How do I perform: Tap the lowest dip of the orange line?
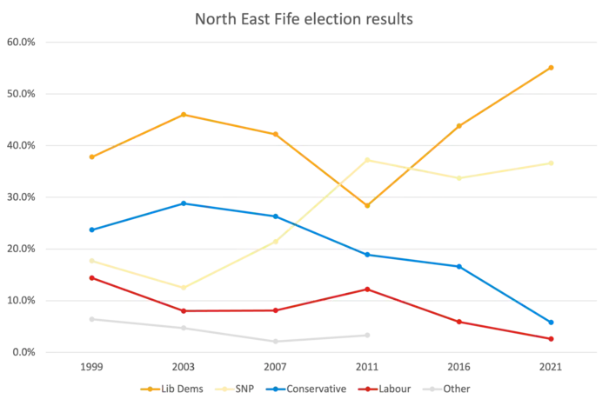[x=368, y=205]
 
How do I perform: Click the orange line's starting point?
[x=91, y=156]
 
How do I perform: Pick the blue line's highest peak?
[x=184, y=203]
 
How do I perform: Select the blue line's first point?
[x=91, y=230]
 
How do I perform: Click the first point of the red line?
[x=91, y=277]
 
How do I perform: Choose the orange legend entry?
[x=173, y=388]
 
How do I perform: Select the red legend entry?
[x=383, y=388]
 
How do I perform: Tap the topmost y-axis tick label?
[x=19, y=42]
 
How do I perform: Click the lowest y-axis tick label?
[x=19, y=353]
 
